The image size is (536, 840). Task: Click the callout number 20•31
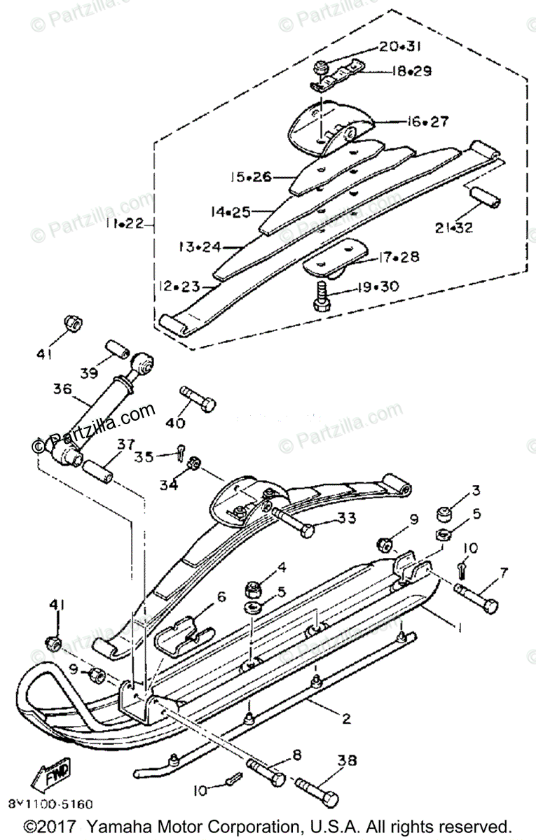coord(400,47)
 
